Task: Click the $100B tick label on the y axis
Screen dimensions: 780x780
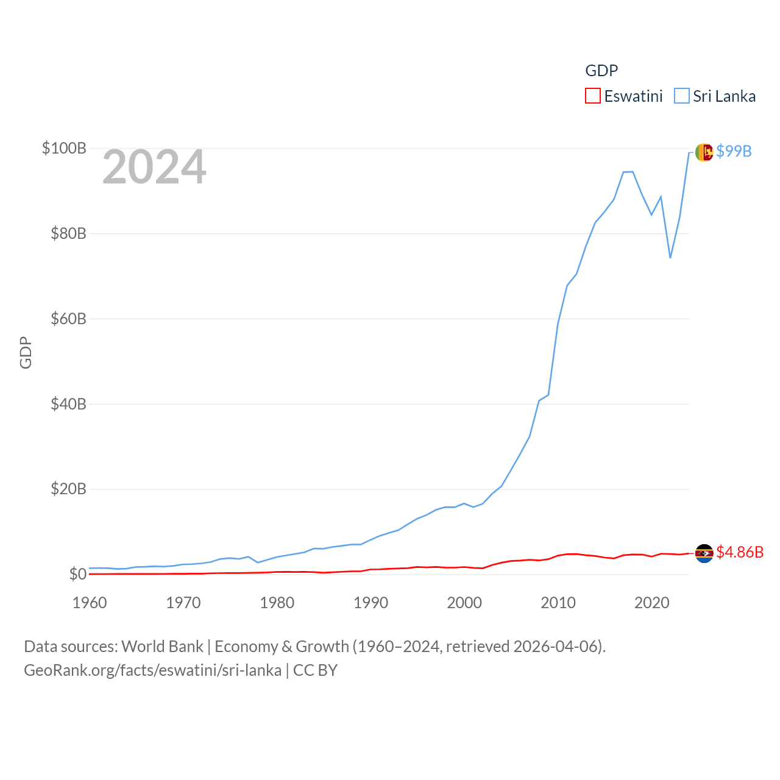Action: click(64, 148)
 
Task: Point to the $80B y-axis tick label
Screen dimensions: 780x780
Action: click(68, 233)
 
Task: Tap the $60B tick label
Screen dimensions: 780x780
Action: click(68, 319)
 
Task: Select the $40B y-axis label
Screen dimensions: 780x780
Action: click(68, 404)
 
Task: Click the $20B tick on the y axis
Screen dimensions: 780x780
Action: click(68, 489)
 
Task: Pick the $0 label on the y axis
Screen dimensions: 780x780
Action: click(77, 574)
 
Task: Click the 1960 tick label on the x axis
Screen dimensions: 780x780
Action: click(90, 603)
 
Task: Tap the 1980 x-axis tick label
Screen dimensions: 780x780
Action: click(277, 603)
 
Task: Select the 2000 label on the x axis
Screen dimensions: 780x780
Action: click(464, 603)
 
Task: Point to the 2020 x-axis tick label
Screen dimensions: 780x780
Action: click(652, 603)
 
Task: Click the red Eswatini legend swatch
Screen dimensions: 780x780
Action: click(593, 96)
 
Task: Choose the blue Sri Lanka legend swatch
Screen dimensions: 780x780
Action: click(682, 96)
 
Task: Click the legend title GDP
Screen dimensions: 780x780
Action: click(601, 71)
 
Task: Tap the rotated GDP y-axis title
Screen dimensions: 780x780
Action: click(26, 352)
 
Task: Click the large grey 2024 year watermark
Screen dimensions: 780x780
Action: click(154, 167)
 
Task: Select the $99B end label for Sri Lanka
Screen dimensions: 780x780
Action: click(734, 151)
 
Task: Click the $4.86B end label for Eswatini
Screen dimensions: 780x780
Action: click(740, 552)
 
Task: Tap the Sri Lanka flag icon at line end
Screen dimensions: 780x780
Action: click(704, 152)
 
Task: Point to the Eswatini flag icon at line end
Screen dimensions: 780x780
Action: click(704, 553)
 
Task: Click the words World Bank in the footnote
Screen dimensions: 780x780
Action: click(163, 647)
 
